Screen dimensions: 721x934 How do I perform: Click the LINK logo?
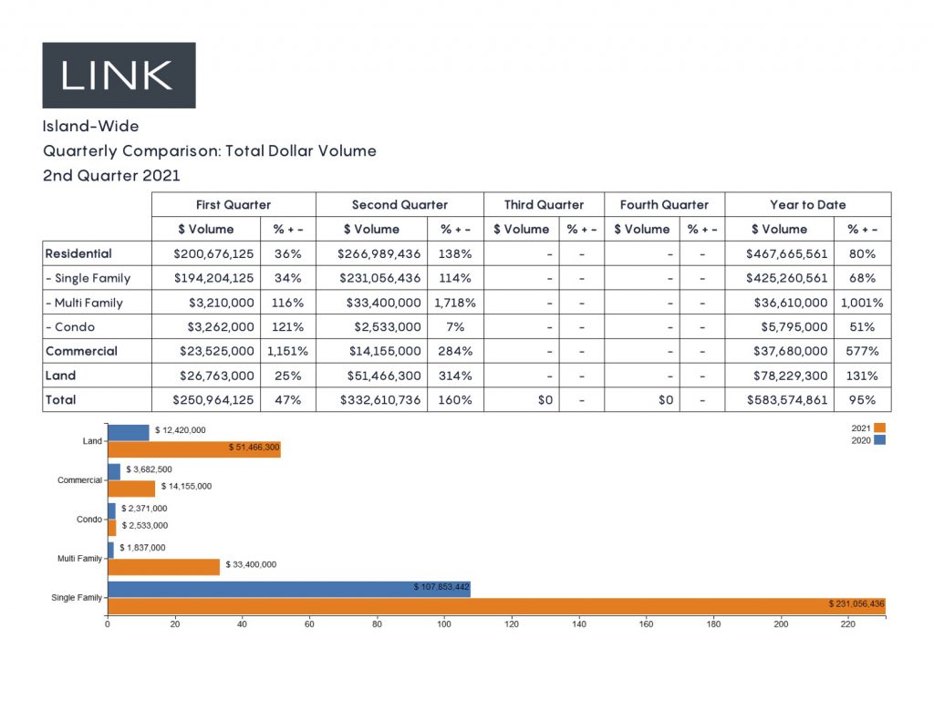119,75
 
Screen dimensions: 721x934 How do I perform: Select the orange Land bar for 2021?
193,449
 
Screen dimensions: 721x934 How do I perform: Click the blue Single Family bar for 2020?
288,589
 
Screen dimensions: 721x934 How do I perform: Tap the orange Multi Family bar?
163,566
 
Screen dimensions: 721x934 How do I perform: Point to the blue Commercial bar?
114,471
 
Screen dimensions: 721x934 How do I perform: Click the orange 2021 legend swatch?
879,427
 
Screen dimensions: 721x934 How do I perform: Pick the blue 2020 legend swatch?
879,440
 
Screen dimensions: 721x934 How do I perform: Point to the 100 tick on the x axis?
444,625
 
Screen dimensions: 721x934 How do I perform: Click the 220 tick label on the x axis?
848,625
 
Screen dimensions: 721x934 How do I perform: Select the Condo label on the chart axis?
90,520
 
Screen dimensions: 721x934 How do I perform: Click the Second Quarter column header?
400,205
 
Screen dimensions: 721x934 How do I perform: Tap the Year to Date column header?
807,205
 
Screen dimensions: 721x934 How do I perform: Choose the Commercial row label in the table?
80,351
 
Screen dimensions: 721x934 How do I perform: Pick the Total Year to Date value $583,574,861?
787,400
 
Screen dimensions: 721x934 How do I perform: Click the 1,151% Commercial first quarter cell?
287,351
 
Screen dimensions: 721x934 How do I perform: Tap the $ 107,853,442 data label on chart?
441,587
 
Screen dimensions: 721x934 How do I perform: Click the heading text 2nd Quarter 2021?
111,175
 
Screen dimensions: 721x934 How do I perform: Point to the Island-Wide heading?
90,127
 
